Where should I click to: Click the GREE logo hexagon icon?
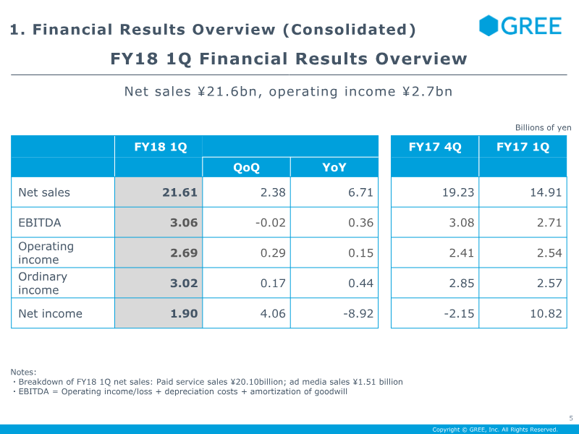pyautogui.click(x=489, y=25)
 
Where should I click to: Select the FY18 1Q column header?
pyautogui.click(x=161, y=147)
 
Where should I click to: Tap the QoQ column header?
pyautogui.click(x=246, y=167)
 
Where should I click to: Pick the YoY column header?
pyautogui.click(x=334, y=167)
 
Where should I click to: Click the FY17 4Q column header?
pyautogui.click(x=435, y=147)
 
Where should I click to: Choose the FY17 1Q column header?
pyautogui.click(x=523, y=147)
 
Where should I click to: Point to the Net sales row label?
pyautogui.click(x=44, y=192)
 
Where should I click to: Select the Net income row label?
pyautogui.click(x=50, y=313)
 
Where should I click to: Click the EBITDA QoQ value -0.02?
pyautogui.click(x=271, y=223)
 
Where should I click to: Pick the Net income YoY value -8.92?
pyautogui.click(x=358, y=313)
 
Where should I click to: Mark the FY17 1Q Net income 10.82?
pyautogui.click(x=545, y=313)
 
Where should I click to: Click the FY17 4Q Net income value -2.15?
pyautogui.click(x=459, y=313)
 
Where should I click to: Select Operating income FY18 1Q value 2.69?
pyautogui.click(x=184, y=253)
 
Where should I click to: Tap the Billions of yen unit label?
pyautogui.click(x=543, y=127)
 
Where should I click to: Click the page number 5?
pyautogui.click(x=570, y=417)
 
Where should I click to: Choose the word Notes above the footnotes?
pyautogui.click(x=24, y=372)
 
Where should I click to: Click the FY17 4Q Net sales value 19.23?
pyautogui.click(x=458, y=192)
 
